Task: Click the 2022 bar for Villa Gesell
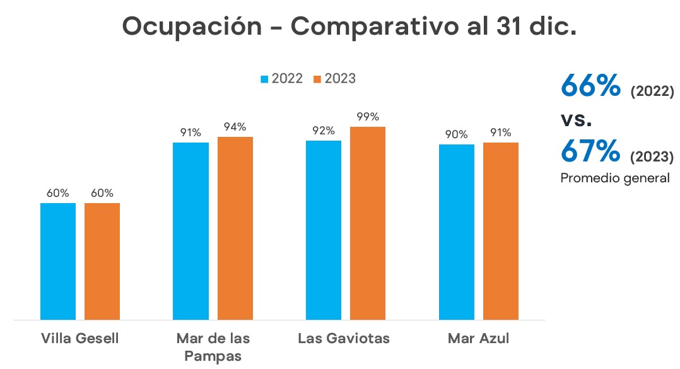(x=58, y=261)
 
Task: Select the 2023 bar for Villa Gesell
(x=102, y=261)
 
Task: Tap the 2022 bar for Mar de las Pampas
(x=191, y=231)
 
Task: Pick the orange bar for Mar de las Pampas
(x=235, y=228)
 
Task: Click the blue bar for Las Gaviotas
(x=324, y=230)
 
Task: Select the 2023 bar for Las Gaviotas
(x=368, y=223)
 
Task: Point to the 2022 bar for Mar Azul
(x=457, y=232)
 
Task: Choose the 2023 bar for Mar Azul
(x=501, y=231)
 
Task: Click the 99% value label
(x=368, y=117)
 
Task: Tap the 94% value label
(x=235, y=127)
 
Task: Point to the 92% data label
(x=323, y=131)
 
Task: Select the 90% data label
(x=456, y=134)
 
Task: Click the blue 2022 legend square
(x=265, y=79)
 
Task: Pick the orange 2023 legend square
(x=318, y=79)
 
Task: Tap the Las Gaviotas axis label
(x=344, y=339)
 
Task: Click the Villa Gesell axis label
(x=79, y=339)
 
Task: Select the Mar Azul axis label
(x=478, y=339)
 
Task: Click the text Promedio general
(x=615, y=179)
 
